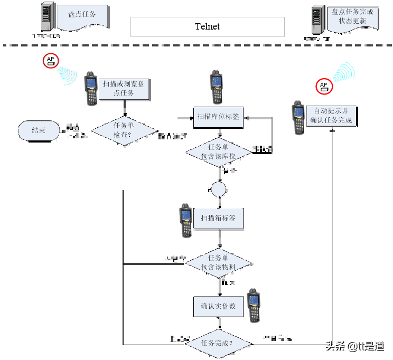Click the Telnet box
click(x=207, y=27)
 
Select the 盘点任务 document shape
click(x=82, y=15)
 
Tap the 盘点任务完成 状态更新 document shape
click(x=352, y=17)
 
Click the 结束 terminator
click(x=39, y=130)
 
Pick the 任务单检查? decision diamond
click(x=124, y=130)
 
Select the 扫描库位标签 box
click(x=218, y=117)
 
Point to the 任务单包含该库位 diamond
click(x=218, y=152)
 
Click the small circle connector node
click(x=218, y=189)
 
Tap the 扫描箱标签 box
click(x=218, y=218)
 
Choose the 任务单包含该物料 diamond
click(x=218, y=263)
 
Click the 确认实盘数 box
click(x=218, y=306)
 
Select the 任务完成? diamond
click(x=218, y=344)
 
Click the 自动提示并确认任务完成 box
click(x=331, y=116)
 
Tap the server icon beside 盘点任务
click(x=48, y=16)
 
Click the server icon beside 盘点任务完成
click(x=317, y=20)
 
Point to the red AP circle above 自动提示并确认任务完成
click(x=324, y=86)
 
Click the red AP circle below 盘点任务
click(x=51, y=60)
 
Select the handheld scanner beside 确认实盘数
click(x=254, y=306)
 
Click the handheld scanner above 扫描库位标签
click(x=216, y=87)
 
